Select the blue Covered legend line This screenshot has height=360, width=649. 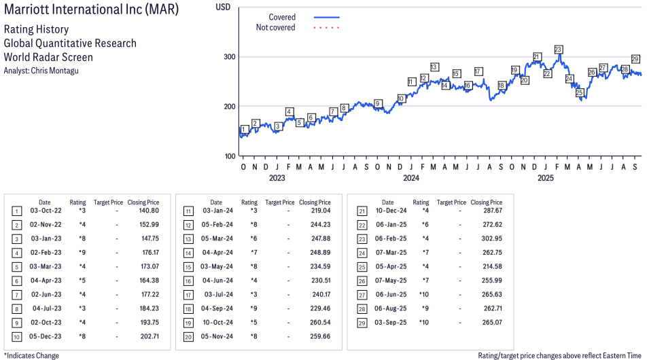tap(327, 17)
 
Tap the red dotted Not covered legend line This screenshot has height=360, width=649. tap(327, 28)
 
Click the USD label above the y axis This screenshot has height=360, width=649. tap(223, 6)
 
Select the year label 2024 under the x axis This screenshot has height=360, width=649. tap(410, 179)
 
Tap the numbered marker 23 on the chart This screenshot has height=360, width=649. tap(559, 50)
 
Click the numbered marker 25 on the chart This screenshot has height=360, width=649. tap(580, 92)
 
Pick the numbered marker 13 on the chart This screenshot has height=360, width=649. tap(434, 67)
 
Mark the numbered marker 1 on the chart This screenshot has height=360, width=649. tap(245, 129)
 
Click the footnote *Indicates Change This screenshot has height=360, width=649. tap(31, 355)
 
